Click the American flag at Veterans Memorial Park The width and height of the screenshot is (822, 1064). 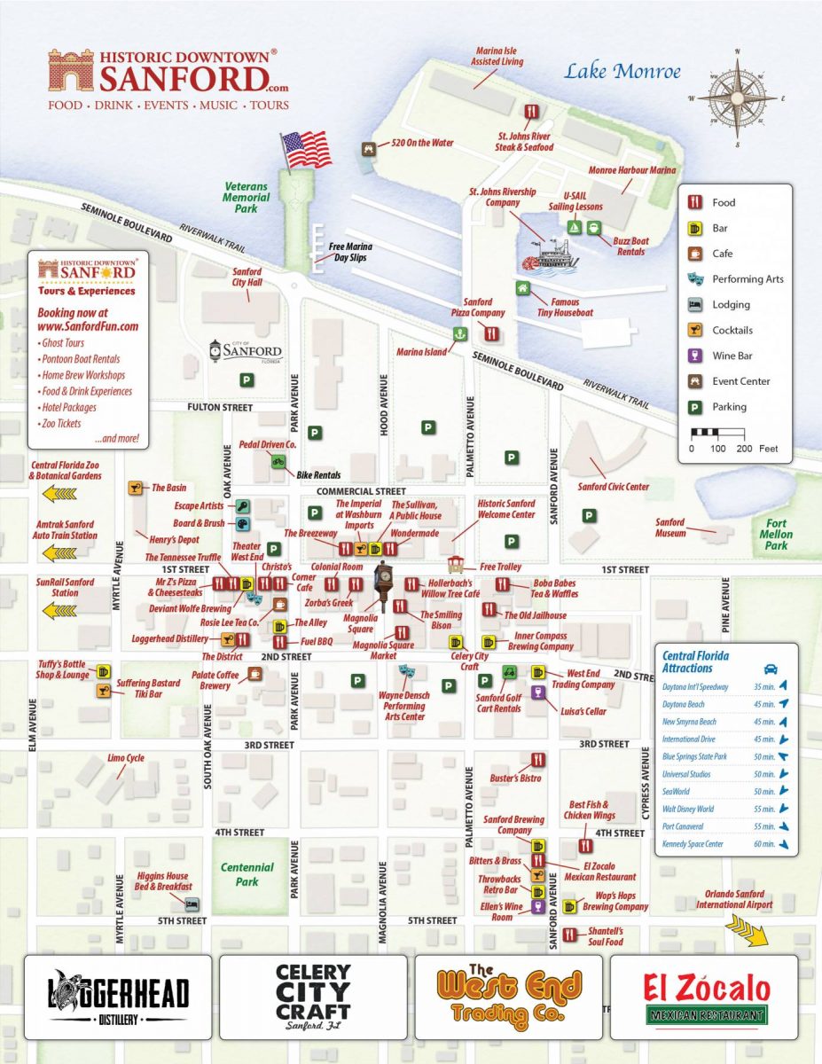point(304,148)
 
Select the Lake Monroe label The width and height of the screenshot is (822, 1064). point(622,72)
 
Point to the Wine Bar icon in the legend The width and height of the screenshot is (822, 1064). point(697,356)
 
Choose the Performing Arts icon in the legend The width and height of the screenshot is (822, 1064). point(697,278)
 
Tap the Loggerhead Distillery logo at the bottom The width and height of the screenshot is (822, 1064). point(118,997)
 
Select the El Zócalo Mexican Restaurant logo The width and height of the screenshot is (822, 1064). point(703,997)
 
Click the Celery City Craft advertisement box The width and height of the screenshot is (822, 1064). point(313,997)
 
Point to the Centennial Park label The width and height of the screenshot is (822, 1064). point(247,873)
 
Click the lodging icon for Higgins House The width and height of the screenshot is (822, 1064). point(192,904)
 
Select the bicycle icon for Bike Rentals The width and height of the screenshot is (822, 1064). point(278,461)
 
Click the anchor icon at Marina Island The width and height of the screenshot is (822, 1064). point(459,334)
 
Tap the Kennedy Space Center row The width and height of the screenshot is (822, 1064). point(725,844)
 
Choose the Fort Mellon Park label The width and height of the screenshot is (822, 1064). point(776,534)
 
